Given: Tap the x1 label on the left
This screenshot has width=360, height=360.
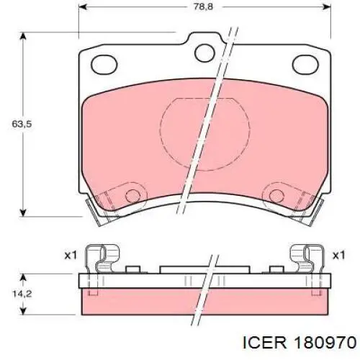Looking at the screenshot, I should (70, 255).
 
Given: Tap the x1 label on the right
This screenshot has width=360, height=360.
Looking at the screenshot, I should (339, 255).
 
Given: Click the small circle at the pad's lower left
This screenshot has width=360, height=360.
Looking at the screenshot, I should (132, 195).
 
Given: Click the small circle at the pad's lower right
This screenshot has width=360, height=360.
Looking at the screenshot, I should (276, 195).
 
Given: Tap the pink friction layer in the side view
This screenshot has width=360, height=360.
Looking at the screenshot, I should (204, 294).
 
